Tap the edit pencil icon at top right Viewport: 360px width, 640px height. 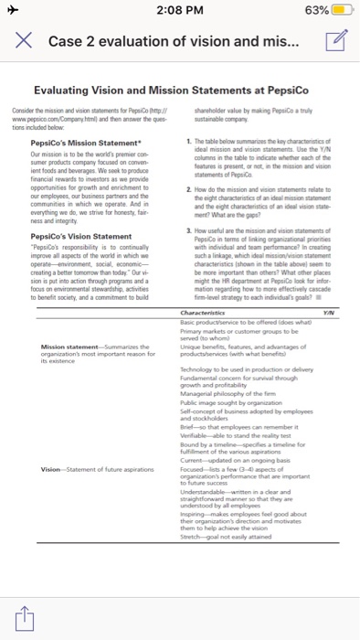334,39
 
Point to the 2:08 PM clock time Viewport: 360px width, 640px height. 179,11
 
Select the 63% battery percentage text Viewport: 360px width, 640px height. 311,11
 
